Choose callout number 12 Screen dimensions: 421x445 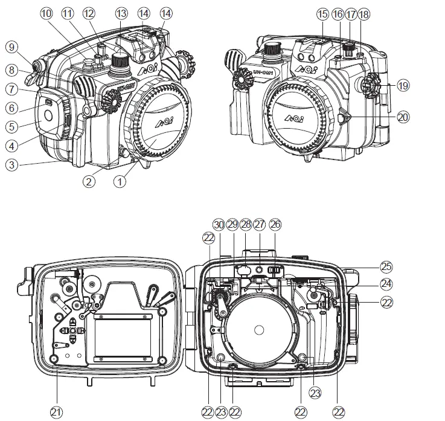(x=89, y=12)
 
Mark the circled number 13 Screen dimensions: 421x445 (x=121, y=12)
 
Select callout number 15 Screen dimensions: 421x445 (x=322, y=12)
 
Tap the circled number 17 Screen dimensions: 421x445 (x=350, y=12)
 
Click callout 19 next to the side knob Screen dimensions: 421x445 (x=402, y=86)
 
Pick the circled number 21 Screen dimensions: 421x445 (x=56, y=411)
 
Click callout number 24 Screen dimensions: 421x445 (x=386, y=282)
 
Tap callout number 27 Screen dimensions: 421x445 (x=260, y=224)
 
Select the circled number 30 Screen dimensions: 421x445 (x=219, y=224)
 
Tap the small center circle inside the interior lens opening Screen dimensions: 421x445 (x=259, y=330)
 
